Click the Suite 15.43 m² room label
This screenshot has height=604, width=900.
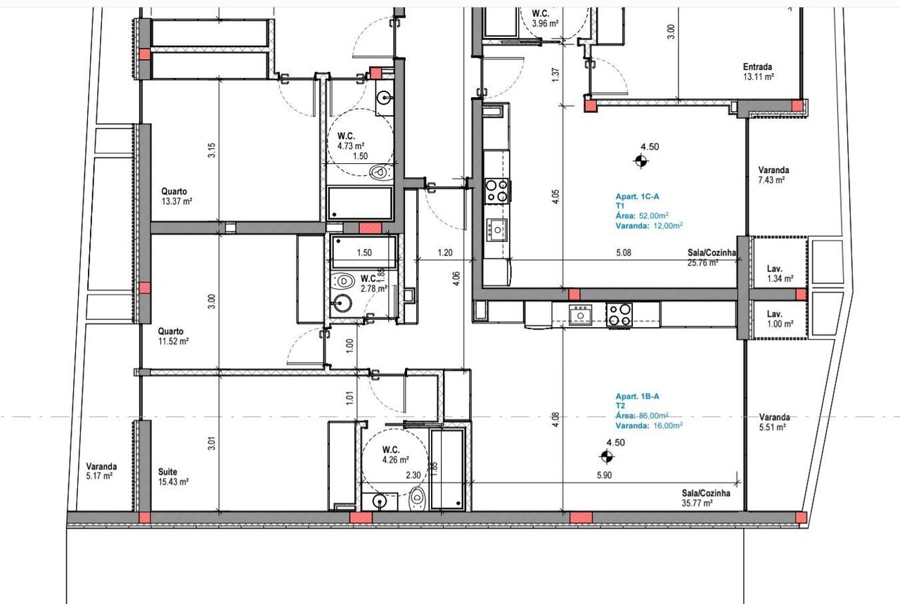click(x=174, y=477)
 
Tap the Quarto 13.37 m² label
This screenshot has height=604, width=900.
click(x=176, y=196)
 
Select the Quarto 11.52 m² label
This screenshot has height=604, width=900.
click(x=174, y=336)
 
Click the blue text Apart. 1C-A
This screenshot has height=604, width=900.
click(x=637, y=196)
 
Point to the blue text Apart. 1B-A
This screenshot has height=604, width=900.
click(x=637, y=397)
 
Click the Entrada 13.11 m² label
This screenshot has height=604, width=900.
click(x=758, y=72)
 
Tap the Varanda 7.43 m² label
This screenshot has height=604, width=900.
click(x=773, y=175)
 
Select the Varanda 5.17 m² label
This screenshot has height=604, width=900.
click(x=101, y=471)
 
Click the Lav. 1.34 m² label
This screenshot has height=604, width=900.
click(x=780, y=274)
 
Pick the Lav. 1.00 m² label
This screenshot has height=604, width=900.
click(x=780, y=319)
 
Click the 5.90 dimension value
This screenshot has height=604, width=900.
click(x=604, y=475)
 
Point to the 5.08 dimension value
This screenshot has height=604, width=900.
click(x=624, y=252)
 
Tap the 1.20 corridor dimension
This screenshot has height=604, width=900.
click(x=445, y=252)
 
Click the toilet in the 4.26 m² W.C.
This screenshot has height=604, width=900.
click(x=418, y=499)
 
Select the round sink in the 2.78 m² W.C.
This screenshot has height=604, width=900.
click(x=342, y=304)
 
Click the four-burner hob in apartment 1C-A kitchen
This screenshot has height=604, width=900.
click(x=497, y=191)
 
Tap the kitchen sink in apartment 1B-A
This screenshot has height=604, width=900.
click(x=580, y=315)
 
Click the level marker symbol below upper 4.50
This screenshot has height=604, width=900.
click(x=641, y=162)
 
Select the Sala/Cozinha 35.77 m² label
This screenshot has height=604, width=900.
click(x=705, y=498)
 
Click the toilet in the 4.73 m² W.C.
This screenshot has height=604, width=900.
click(x=381, y=173)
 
